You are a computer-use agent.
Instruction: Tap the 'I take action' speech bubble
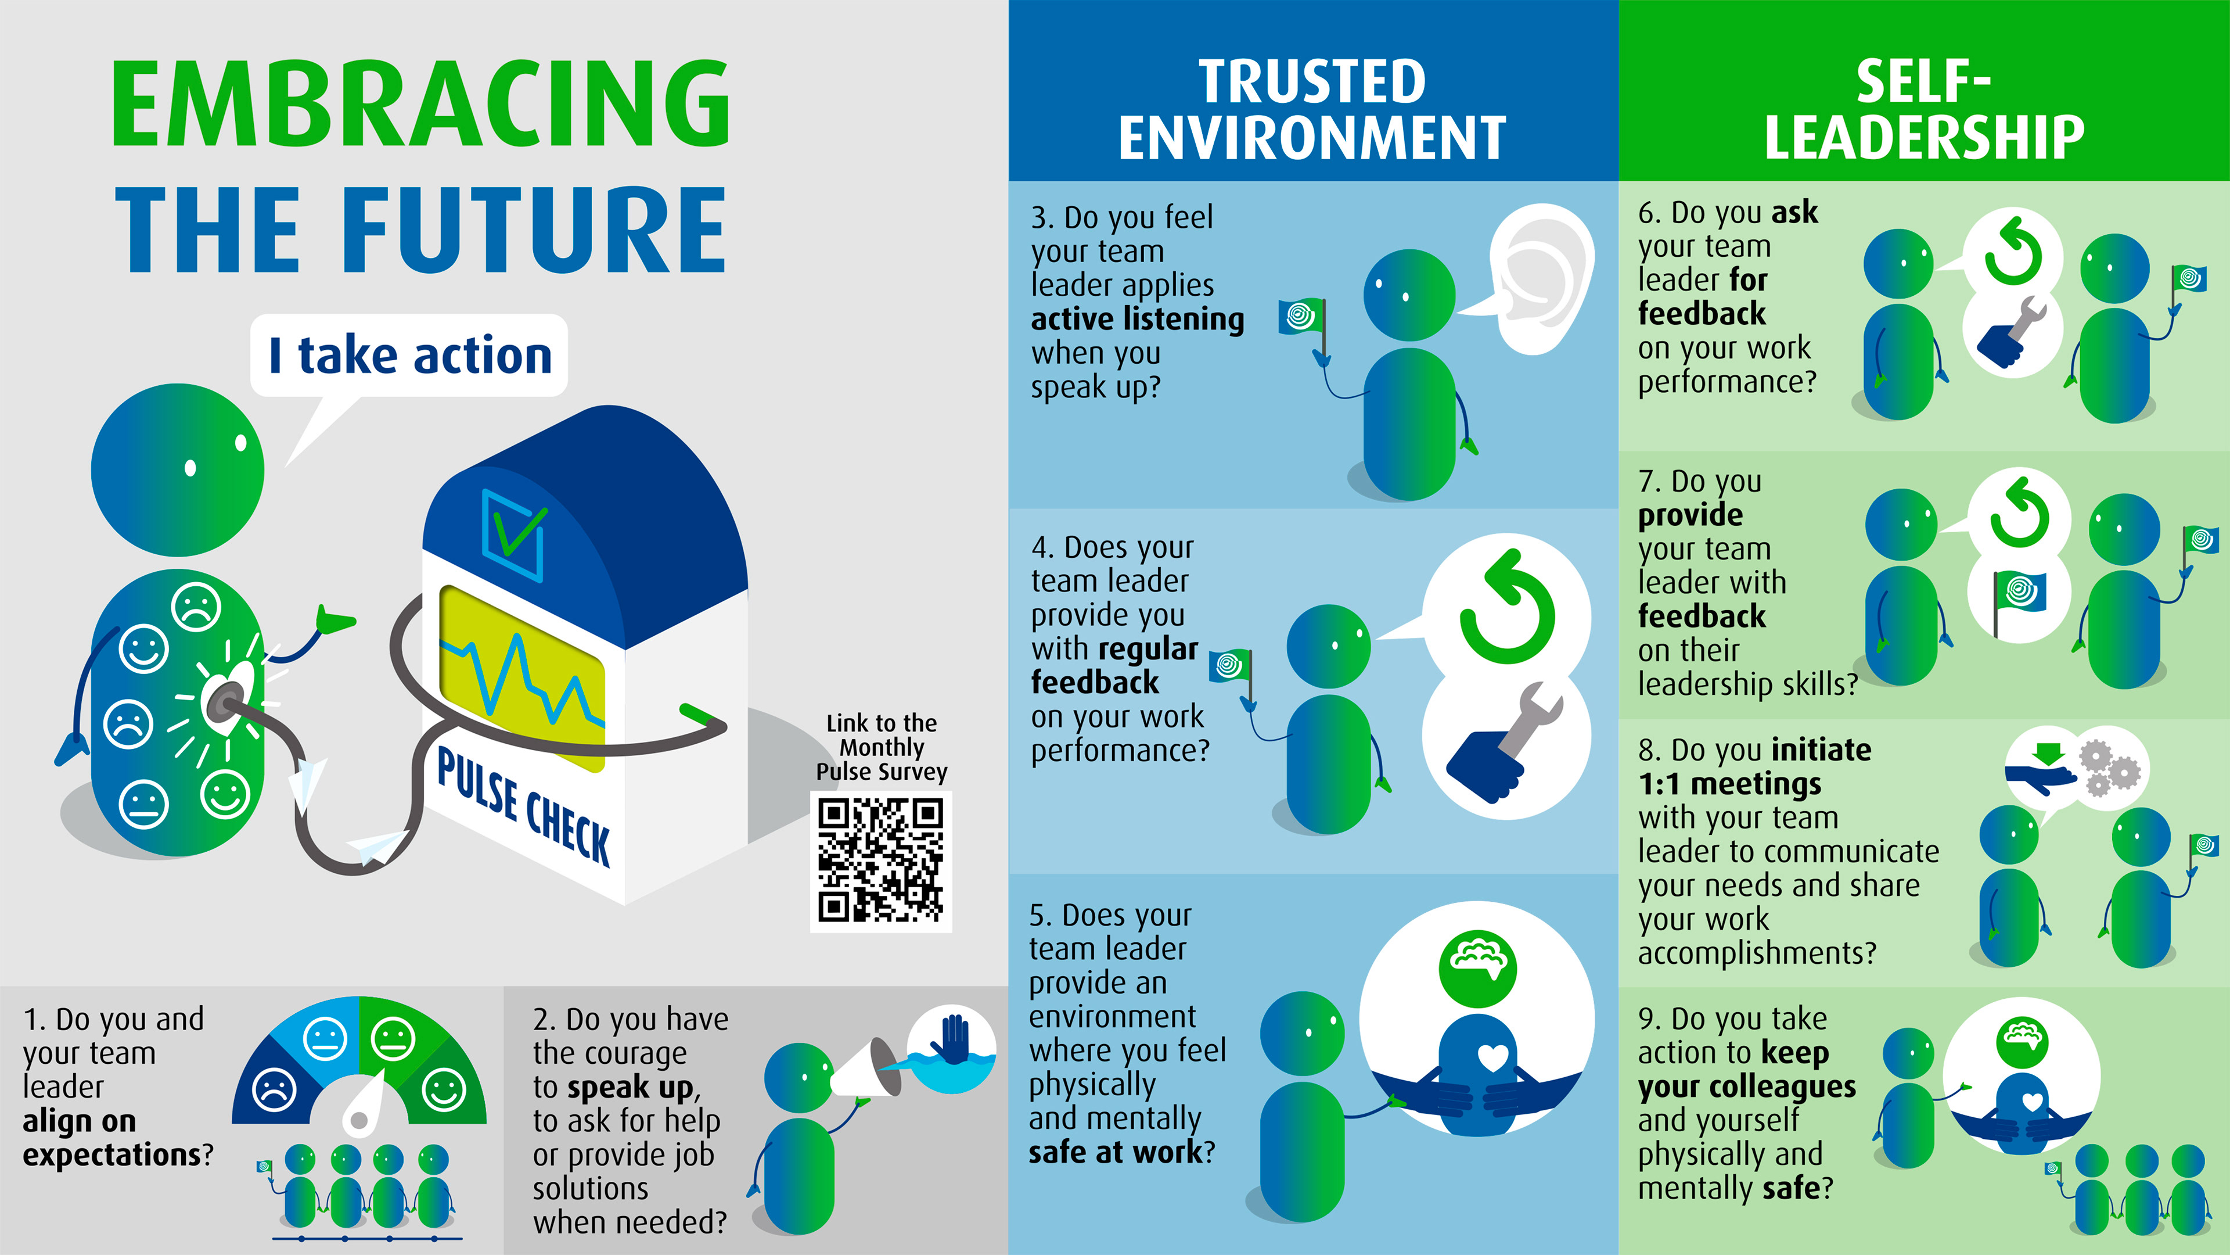click(409, 355)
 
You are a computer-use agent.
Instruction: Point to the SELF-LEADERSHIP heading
click(1923, 109)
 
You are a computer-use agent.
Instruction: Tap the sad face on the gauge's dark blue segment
click(275, 1089)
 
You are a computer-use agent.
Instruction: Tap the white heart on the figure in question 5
click(1492, 1057)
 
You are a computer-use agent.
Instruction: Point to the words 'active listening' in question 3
click(1136, 320)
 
